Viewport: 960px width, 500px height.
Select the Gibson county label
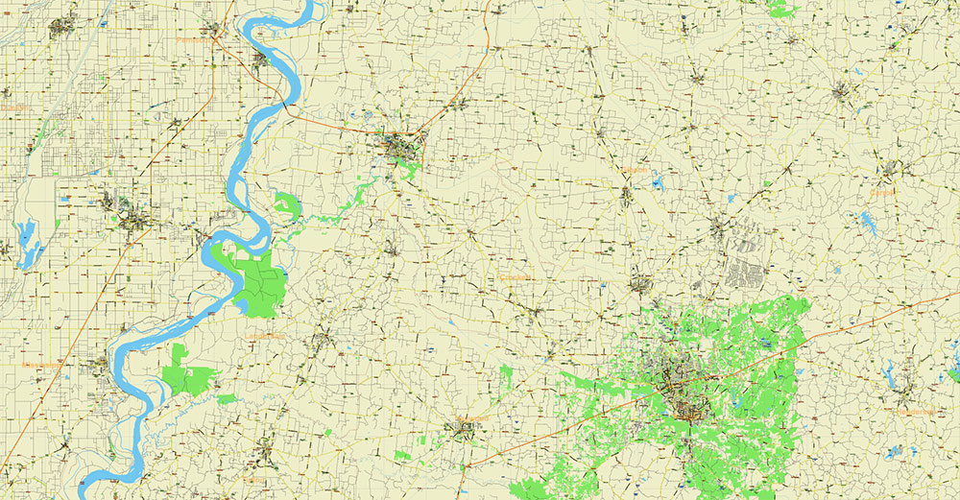(x=635, y=170)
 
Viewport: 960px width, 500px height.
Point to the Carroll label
(x=881, y=192)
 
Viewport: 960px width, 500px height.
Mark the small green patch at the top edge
(x=782, y=8)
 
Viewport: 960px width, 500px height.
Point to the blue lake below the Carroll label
(x=869, y=225)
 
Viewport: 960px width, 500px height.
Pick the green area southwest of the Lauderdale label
(x=187, y=375)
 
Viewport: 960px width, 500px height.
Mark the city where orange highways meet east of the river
(x=402, y=146)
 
